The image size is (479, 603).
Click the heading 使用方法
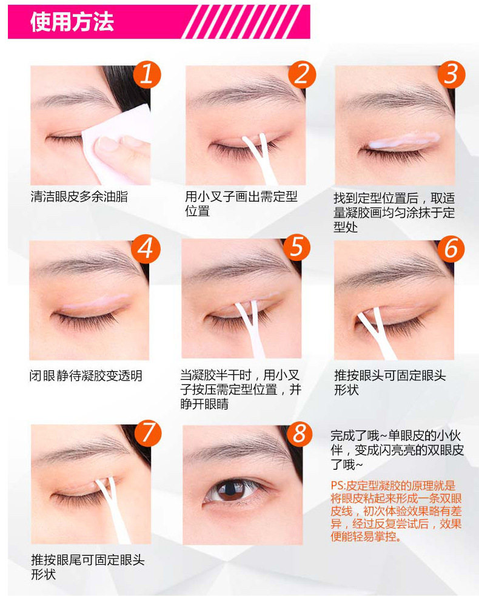point(72,22)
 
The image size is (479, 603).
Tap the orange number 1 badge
point(147,74)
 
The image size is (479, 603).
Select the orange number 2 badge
point(302,74)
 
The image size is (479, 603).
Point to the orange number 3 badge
point(451,74)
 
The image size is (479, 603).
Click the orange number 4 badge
point(146,249)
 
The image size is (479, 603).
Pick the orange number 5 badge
point(296,247)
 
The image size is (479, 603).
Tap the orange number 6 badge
point(451,249)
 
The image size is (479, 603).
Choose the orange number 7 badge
point(148,433)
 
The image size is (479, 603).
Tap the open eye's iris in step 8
point(230,490)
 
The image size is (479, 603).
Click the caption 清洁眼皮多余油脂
point(79,197)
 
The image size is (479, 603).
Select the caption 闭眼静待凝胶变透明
point(86,375)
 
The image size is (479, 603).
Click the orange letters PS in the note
point(337,486)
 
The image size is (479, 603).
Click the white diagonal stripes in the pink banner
point(242,22)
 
